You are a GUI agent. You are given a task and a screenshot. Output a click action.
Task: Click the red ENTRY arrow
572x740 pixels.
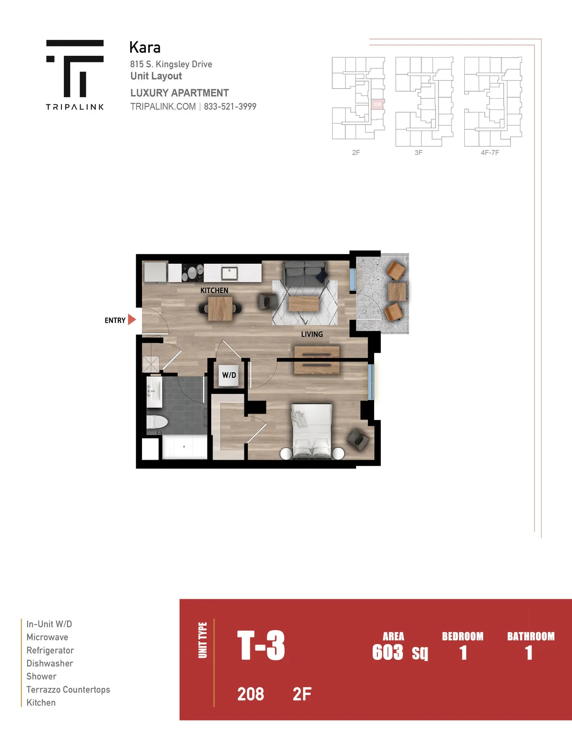(132, 319)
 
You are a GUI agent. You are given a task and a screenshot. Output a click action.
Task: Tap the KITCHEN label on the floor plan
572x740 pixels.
(214, 290)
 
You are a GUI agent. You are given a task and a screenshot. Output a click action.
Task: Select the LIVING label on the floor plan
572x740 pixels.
(312, 334)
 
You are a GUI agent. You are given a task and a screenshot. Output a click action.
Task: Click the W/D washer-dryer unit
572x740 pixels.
(229, 375)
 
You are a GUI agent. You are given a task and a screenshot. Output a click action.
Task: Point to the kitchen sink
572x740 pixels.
(229, 273)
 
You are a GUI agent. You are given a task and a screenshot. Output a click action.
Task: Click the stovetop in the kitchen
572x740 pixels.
(192, 273)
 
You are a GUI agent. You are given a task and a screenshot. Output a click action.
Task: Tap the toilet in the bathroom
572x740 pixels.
(157, 422)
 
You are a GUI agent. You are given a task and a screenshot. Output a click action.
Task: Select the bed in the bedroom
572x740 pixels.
(311, 431)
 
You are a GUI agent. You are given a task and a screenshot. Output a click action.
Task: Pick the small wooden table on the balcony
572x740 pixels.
(397, 291)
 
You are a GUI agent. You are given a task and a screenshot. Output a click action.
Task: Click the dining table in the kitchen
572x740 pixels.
(220, 308)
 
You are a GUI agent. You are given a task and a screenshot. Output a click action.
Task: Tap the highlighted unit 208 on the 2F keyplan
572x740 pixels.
(377, 104)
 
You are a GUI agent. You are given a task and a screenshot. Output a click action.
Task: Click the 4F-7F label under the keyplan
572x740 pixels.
(490, 153)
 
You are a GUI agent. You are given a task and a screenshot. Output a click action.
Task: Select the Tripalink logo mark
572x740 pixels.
(75, 69)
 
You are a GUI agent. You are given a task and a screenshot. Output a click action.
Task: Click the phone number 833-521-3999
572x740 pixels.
(230, 107)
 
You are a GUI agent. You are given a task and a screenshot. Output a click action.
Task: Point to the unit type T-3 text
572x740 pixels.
(261, 645)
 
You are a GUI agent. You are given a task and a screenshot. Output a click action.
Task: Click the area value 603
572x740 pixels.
(388, 652)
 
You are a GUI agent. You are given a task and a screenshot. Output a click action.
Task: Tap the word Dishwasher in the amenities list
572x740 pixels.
(50, 663)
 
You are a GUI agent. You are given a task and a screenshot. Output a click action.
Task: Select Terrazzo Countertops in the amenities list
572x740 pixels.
(68, 689)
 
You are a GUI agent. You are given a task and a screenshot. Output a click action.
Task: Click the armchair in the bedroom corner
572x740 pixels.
(357, 439)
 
